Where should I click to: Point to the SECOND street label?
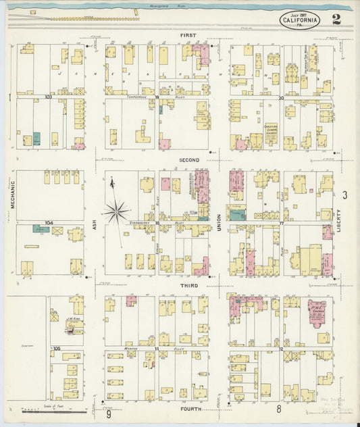pyautogui.click(x=188, y=159)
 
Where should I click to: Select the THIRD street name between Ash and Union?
pyautogui.click(x=188, y=286)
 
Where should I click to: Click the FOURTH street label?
pyautogui.click(x=188, y=409)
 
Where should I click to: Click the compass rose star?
pyautogui.click(x=117, y=211)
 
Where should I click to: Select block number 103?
pyautogui.click(x=49, y=97)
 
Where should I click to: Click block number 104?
pyautogui.click(x=49, y=222)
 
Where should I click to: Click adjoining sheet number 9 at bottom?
pyautogui.click(x=108, y=415)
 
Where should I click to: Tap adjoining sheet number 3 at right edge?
pyautogui.click(x=344, y=195)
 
